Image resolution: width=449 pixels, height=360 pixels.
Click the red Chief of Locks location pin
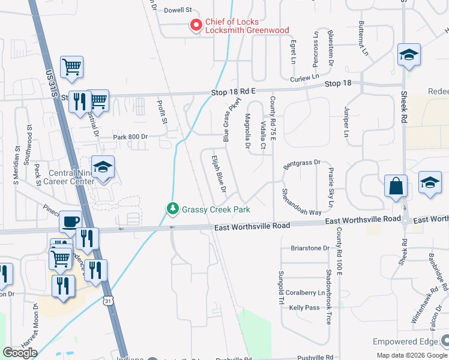click(196, 25)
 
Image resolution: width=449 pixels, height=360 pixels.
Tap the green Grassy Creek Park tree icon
click(172, 208)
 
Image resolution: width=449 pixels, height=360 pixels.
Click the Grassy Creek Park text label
click(215, 209)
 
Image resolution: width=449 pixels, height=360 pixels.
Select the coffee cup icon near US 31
click(70, 221)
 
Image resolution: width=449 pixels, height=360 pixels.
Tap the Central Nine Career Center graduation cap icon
click(103, 168)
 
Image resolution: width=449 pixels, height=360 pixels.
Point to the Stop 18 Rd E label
click(234, 91)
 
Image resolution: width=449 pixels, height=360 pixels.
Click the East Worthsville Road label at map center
click(252, 226)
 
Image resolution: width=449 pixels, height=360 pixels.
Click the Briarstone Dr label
click(310, 248)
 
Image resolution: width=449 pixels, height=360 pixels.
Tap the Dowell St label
click(177, 10)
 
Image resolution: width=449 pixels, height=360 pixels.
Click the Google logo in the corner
click(20, 352)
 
